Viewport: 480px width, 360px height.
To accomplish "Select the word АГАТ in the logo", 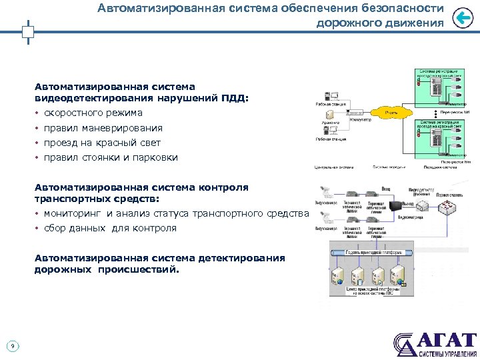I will coord(445,339).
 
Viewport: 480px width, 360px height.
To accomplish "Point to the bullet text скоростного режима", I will coord(93,113).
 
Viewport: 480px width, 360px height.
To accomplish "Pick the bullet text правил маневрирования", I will coord(103,128).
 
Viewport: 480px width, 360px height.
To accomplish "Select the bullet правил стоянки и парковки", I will coord(111,158).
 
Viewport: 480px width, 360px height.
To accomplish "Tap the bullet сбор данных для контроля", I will coord(110,228).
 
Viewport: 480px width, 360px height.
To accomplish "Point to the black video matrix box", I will coord(398,206).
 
